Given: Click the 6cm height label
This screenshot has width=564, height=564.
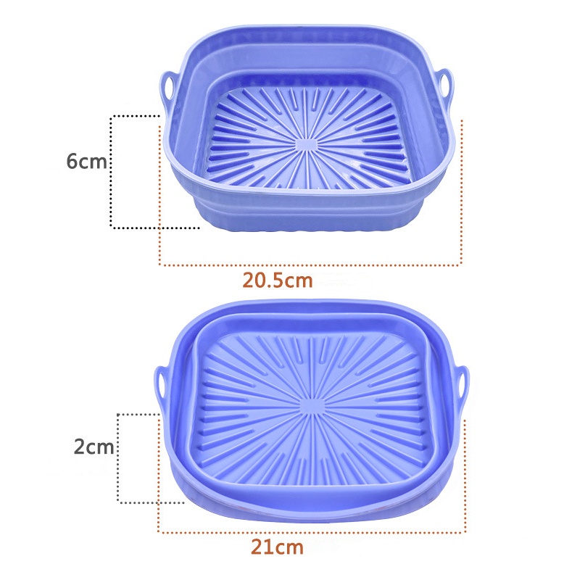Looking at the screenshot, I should [86, 161].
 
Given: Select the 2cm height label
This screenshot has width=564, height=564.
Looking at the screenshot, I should [94, 447].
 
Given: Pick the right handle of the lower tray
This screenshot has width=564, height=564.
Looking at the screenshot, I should [462, 381].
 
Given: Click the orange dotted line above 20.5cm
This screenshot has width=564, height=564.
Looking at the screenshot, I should [310, 265].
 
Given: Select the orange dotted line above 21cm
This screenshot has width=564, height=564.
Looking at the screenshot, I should [312, 533].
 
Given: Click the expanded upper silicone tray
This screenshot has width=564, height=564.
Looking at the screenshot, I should [308, 130].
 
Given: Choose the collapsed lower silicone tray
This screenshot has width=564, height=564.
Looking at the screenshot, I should [312, 413].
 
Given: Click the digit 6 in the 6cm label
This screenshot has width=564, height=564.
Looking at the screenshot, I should [72, 161].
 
